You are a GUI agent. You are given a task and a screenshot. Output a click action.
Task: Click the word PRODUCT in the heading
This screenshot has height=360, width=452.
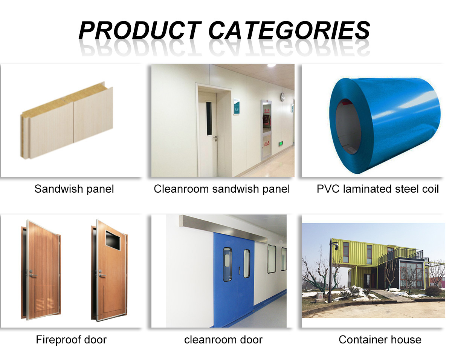[139, 30]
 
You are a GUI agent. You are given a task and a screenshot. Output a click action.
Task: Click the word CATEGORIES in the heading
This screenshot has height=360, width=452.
[289, 30]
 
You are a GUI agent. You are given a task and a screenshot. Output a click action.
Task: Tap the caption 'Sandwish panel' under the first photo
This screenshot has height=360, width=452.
[74, 189]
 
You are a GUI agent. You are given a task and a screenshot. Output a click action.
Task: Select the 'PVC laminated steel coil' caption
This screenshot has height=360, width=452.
[378, 189]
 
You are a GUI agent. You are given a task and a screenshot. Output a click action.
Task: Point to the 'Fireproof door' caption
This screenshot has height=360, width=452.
[71, 340]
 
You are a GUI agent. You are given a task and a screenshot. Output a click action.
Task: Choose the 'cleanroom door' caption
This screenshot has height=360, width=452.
[223, 340]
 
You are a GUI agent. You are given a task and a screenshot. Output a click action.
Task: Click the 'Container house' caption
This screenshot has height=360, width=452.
[380, 340]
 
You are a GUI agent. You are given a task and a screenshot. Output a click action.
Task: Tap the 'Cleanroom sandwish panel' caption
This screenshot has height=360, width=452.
[222, 189]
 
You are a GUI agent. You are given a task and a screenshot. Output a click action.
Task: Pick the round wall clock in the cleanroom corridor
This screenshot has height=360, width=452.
[283, 97]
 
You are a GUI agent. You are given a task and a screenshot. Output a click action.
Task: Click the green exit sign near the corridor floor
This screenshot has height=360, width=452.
[281, 144]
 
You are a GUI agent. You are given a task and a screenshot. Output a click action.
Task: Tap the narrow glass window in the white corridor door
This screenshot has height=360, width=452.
[209, 119]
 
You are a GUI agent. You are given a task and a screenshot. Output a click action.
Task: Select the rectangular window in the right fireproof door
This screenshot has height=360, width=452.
[113, 240]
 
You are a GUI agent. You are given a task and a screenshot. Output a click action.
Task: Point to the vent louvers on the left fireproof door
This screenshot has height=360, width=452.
[45, 304]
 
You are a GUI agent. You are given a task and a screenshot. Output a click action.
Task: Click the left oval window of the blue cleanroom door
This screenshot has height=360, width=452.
[228, 264]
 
